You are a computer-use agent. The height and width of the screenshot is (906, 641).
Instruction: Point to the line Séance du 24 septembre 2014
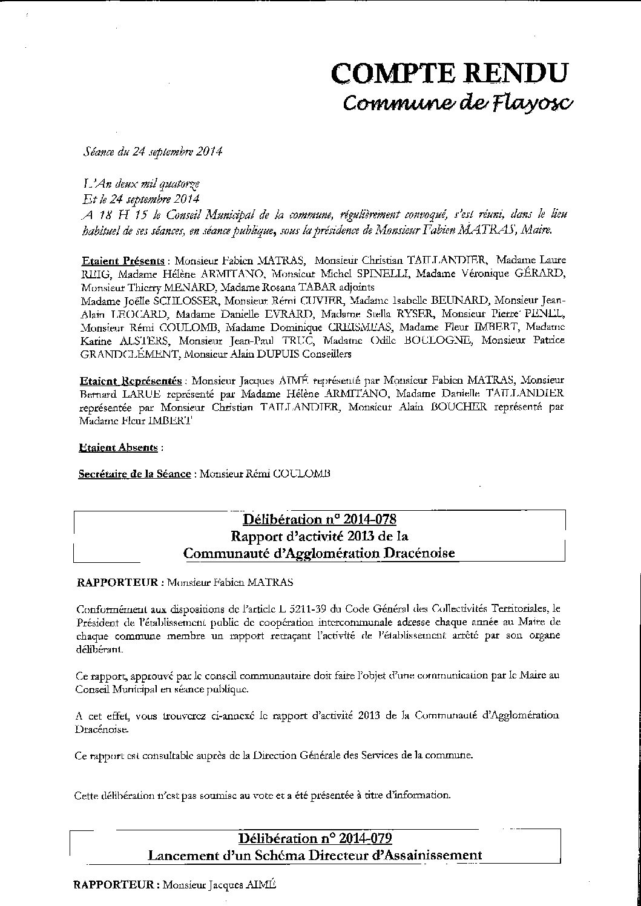[152, 152]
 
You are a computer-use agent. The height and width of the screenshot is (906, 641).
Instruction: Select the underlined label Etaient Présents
[124, 261]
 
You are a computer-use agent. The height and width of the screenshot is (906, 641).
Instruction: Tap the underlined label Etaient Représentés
[131, 381]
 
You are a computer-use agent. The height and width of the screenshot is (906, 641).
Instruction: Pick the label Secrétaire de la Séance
[134, 474]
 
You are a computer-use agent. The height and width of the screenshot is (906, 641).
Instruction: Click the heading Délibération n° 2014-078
[319, 519]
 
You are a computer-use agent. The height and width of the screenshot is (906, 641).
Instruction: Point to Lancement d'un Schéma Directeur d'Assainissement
[315, 855]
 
